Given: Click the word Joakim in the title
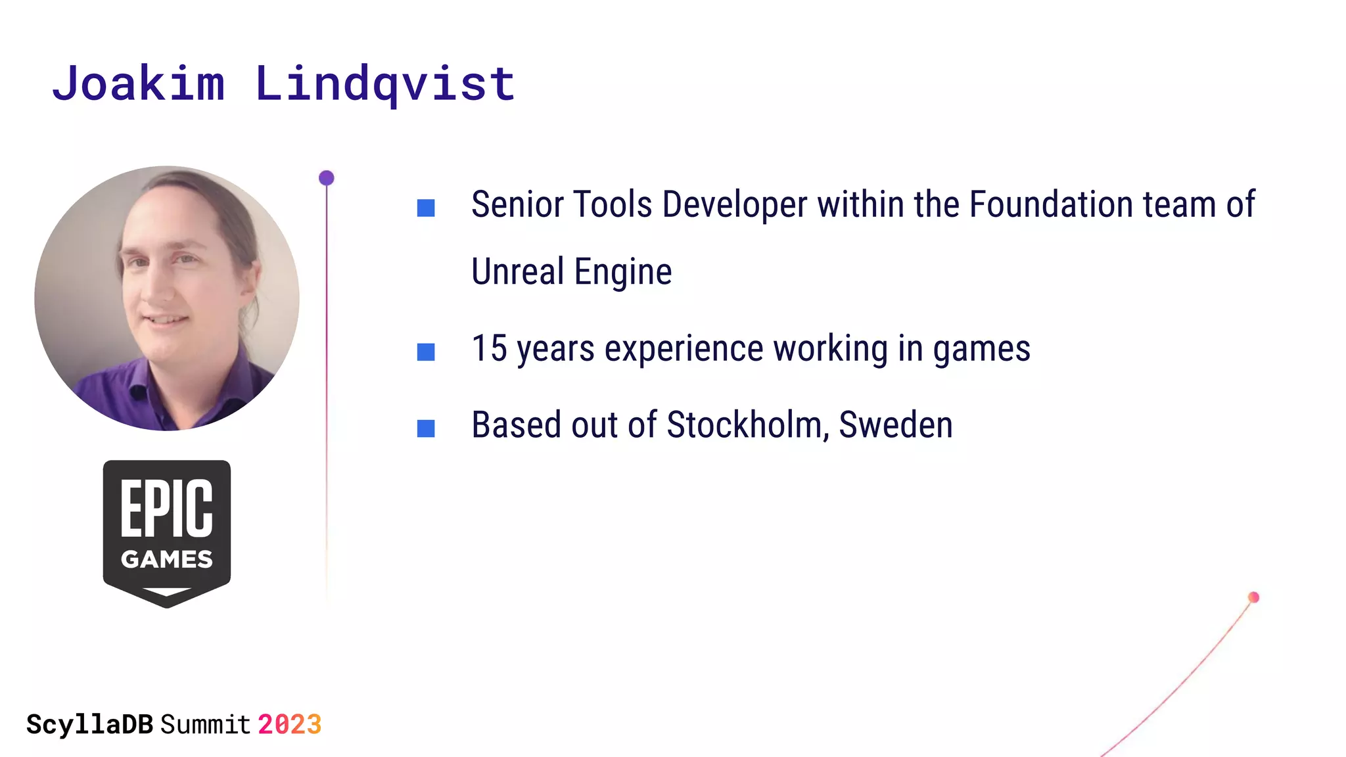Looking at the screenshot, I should pyautogui.click(x=138, y=83).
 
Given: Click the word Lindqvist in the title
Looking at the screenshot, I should pyautogui.click(x=385, y=83).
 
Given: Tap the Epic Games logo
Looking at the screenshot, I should pyautogui.click(x=167, y=532).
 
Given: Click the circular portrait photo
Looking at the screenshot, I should pyautogui.click(x=167, y=298).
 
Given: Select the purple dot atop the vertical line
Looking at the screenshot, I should pyautogui.click(x=327, y=178).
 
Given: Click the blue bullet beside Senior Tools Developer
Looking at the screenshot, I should pyautogui.click(x=426, y=208).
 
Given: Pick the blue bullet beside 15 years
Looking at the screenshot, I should pyautogui.click(x=426, y=352).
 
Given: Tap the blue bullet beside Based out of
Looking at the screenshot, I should pyautogui.click(x=426, y=428).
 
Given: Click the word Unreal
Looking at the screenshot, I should pyautogui.click(x=518, y=271).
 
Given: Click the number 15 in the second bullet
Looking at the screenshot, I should pyautogui.click(x=490, y=348).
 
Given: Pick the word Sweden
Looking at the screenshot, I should pyautogui.click(x=896, y=425).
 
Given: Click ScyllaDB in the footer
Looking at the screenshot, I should pyautogui.click(x=90, y=725).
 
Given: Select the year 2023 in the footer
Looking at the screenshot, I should pyautogui.click(x=289, y=725).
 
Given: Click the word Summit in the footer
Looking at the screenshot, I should pyautogui.click(x=206, y=725).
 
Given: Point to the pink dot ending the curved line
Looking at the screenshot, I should pyautogui.click(x=1253, y=597).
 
